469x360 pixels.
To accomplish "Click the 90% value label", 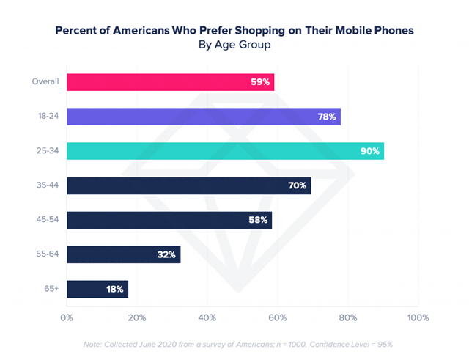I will (370, 151).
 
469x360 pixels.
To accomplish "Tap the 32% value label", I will (166, 254).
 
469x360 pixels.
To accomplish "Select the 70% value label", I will (297, 185).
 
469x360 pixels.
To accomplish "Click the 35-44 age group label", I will (48, 185).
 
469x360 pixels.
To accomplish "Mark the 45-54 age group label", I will (48, 220).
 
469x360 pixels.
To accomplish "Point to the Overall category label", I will (46, 81).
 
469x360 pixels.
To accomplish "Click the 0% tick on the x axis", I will (67, 317).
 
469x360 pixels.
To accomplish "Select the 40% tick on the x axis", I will (207, 317).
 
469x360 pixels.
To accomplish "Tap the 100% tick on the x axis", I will (418, 317).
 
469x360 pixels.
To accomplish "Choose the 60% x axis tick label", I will (278, 317).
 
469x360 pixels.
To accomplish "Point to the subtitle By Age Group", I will (234, 45).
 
